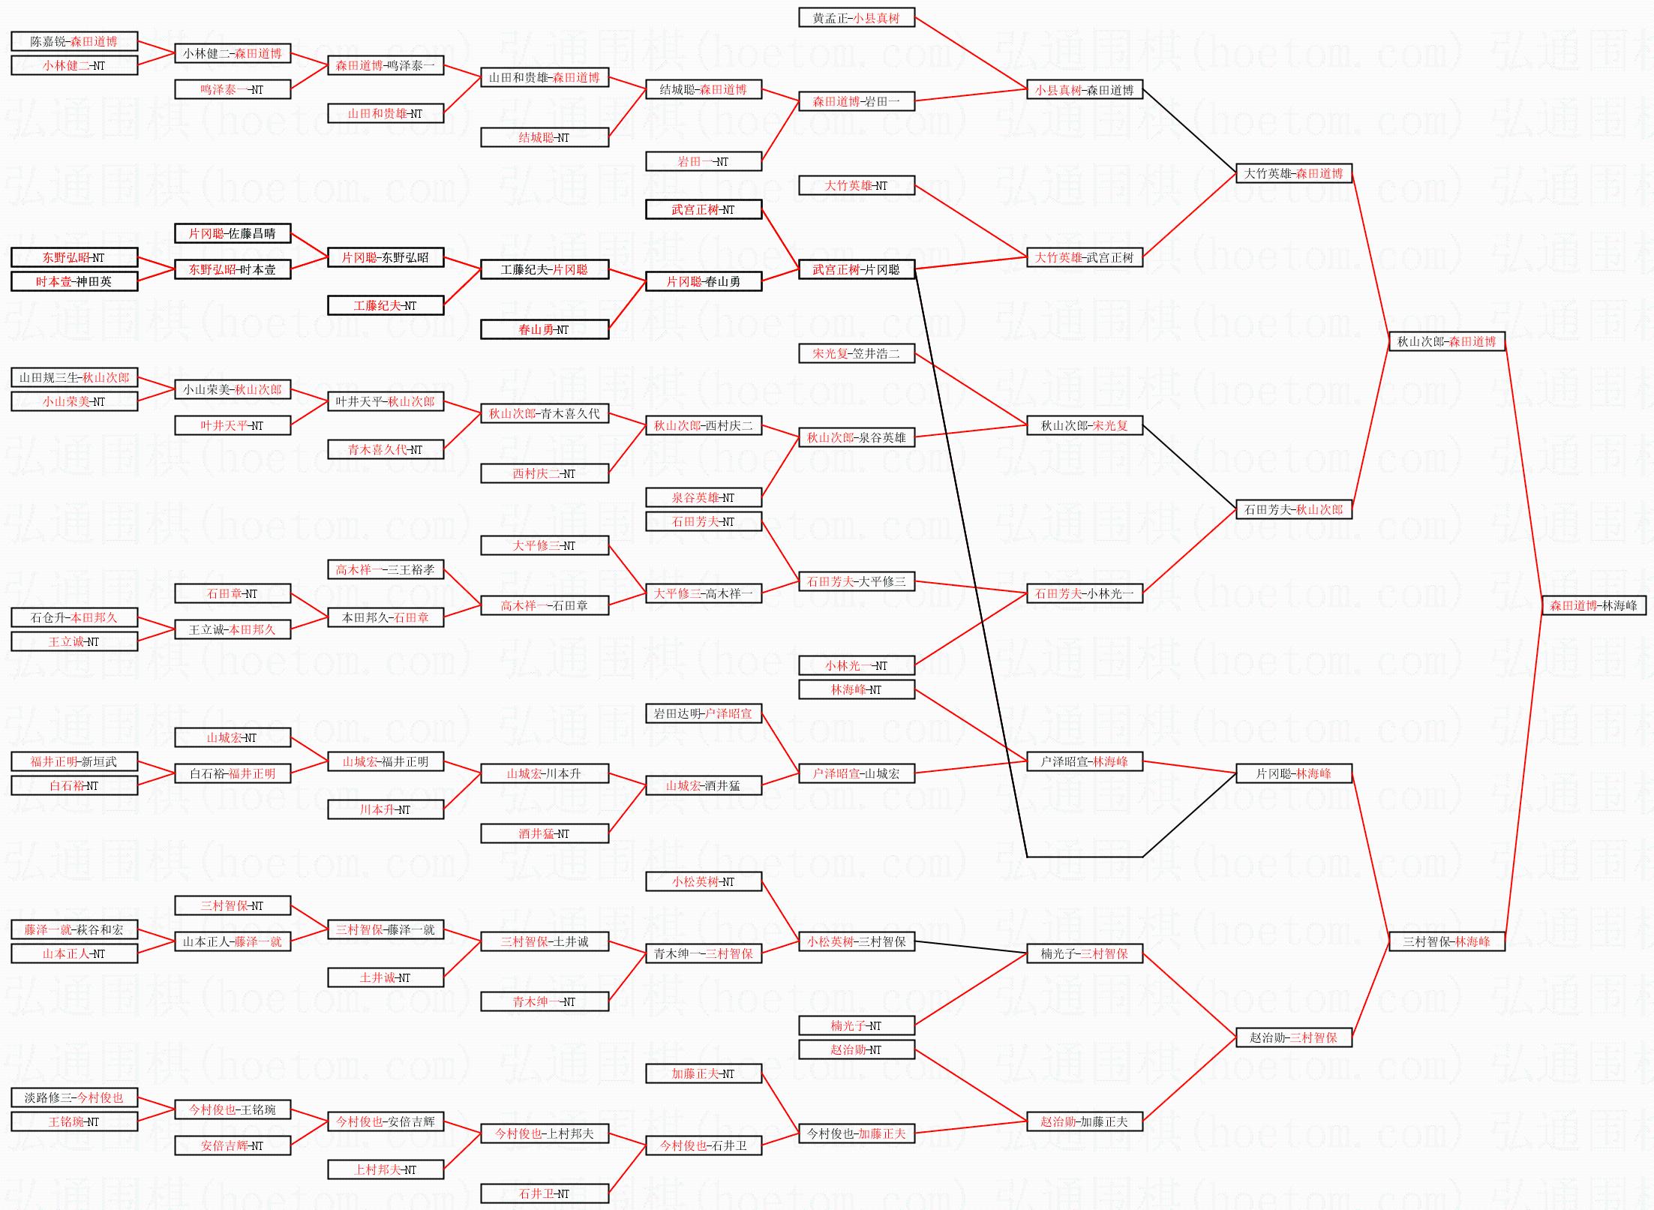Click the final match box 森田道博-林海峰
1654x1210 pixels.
coord(1593,605)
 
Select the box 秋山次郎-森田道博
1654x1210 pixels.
coord(1446,341)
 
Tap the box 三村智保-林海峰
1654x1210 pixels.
coord(1446,941)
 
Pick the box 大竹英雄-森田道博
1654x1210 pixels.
coord(1293,173)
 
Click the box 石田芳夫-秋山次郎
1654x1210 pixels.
coord(1293,509)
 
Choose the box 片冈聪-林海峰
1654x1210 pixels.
coord(1293,773)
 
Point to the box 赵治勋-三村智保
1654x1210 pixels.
coord(1293,1037)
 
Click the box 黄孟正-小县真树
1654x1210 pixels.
coord(856,17)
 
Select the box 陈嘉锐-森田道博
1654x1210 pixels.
coord(74,41)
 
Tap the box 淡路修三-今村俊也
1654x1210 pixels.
coord(74,1097)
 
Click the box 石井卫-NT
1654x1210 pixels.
coord(544,1193)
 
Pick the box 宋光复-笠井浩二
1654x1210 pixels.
coord(856,353)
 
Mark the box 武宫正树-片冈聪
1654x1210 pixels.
coord(856,269)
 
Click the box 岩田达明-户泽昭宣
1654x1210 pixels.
coord(703,713)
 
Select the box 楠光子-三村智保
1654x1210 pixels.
coord(1084,953)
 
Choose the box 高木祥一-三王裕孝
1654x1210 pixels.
coord(385,569)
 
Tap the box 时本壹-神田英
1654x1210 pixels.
coord(74,281)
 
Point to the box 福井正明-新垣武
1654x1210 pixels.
coord(74,761)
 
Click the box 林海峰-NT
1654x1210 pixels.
coord(856,689)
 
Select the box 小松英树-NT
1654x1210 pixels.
coord(703,881)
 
